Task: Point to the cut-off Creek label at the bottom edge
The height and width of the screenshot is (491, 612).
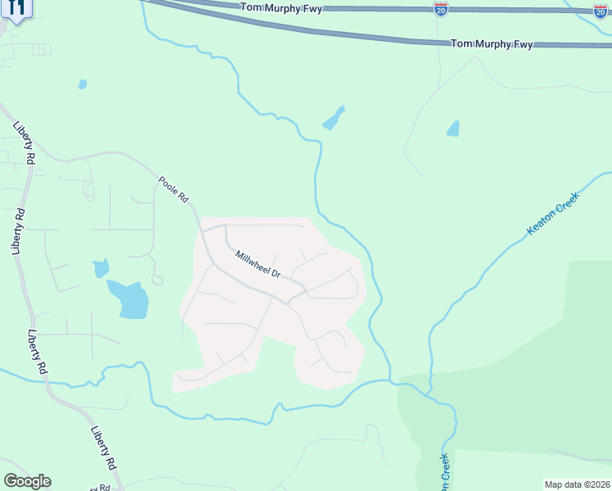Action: click(x=445, y=473)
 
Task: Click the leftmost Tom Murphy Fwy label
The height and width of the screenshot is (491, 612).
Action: click(x=281, y=7)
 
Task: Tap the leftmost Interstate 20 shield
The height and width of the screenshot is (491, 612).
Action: click(x=441, y=8)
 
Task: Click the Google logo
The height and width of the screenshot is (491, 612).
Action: click(x=27, y=481)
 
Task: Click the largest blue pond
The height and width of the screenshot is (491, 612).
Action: click(x=129, y=299)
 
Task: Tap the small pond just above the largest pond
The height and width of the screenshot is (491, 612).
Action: click(x=101, y=268)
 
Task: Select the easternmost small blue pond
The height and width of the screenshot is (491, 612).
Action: click(x=452, y=128)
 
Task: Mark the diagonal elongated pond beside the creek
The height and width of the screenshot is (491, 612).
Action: click(x=333, y=118)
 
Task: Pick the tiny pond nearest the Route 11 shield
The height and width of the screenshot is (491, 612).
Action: click(x=82, y=83)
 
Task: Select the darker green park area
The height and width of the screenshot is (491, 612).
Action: click(x=532, y=376)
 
